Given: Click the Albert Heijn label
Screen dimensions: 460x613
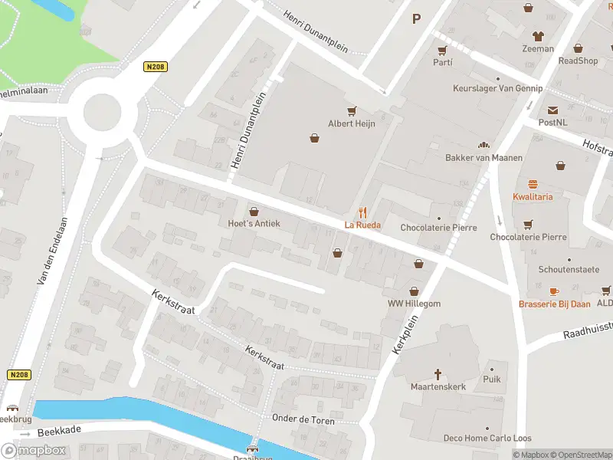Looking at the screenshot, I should pyautogui.click(x=352, y=123).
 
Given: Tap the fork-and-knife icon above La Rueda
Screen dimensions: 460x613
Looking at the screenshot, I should pyautogui.click(x=363, y=212).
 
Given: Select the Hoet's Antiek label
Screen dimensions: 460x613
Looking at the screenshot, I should pyautogui.click(x=254, y=224).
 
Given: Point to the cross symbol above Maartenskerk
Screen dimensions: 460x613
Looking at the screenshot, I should pyautogui.click(x=438, y=374).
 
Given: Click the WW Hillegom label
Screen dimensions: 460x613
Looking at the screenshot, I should pyautogui.click(x=415, y=304).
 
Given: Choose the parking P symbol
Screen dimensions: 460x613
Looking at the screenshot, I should pyautogui.click(x=417, y=19).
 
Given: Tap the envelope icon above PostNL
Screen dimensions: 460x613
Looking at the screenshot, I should pyautogui.click(x=552, y=110).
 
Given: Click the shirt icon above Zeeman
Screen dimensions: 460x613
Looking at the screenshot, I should pyautogui.click(x=538, y=36).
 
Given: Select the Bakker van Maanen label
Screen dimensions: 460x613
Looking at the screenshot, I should pyautogui.click(x=484, y=158).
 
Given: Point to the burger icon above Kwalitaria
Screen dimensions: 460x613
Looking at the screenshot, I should pyautogui.click(x=533, y=184).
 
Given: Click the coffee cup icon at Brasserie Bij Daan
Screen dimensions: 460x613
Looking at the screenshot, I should pyautogui.click(x=554, y=291).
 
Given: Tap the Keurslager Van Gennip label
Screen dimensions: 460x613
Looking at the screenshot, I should pyautogui.click(x=497, y=89).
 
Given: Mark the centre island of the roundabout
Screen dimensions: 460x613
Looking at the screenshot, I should pyautogui.click(x=102, y=113).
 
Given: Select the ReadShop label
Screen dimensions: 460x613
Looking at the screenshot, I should pyautogui.click(x=578, y=61).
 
